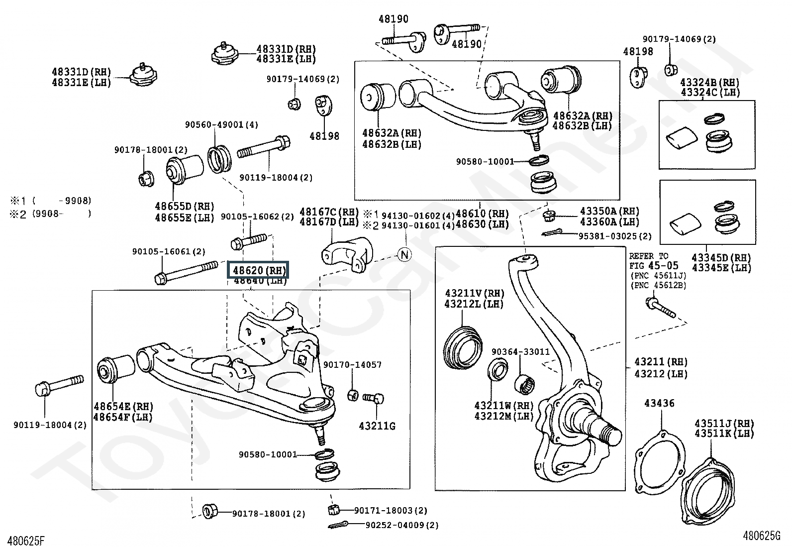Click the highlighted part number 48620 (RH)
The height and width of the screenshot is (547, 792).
tap(259, 271)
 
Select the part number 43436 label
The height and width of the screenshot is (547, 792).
tap(660, 403)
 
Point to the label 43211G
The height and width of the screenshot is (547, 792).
tap(377, 426)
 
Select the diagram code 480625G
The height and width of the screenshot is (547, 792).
tap(762, 536)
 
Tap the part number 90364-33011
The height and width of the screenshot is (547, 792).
tap(520, 352)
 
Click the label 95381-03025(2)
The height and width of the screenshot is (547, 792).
tap(614, 236)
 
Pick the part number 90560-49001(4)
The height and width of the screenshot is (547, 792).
tap(222, 125)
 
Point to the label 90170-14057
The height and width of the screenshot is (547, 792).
tap(352, 365)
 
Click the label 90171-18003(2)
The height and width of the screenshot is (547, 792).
tap(391, 510)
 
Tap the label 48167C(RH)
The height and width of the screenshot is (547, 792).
tap(329, 212)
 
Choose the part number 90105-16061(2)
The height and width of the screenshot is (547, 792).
tap(169, 252)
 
